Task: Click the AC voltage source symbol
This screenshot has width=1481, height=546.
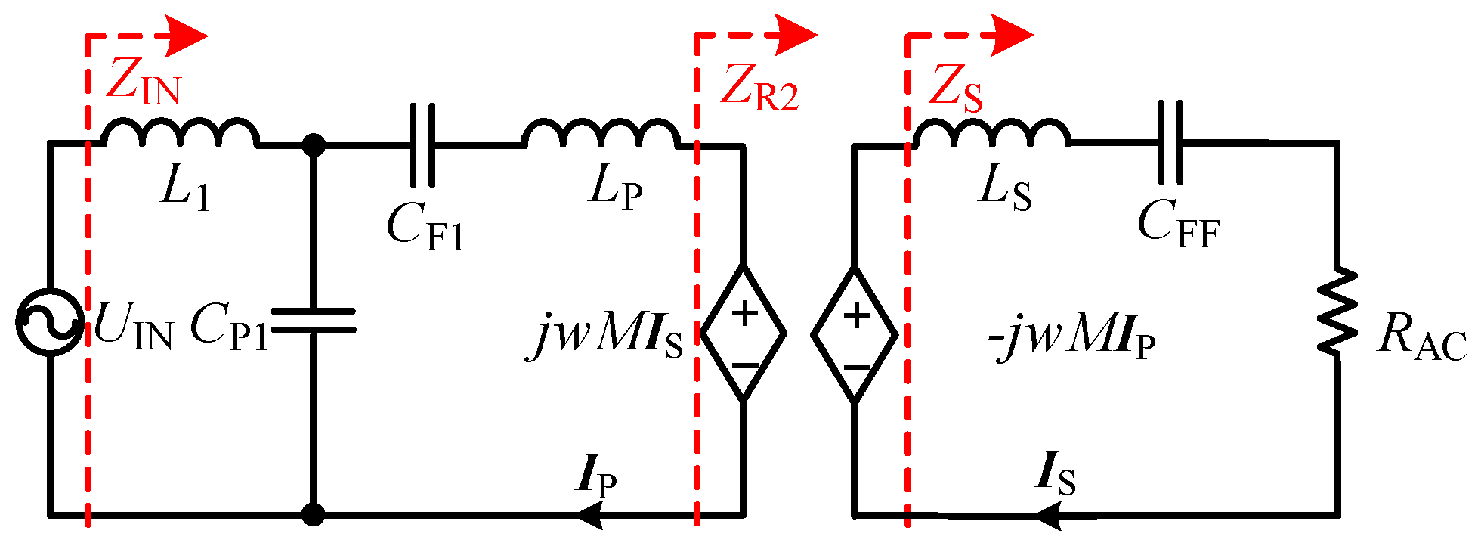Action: [x=50, y=322]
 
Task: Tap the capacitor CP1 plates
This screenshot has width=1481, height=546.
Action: [x=313, y=321]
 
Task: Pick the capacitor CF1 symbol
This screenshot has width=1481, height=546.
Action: [x=422, y=144]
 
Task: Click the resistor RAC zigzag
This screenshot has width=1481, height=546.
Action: [x=1337, y=311]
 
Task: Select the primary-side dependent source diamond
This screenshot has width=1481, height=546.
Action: [x=744, y=332]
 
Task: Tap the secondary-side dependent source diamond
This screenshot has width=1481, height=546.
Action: [x=855, y=333]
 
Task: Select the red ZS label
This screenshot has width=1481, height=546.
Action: [x=955, y=88]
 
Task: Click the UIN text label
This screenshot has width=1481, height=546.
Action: [x=133, y=328]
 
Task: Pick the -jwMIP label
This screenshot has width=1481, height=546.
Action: [x=1071, y=337]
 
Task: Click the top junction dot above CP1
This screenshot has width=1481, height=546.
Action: [x=313, y=144]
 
